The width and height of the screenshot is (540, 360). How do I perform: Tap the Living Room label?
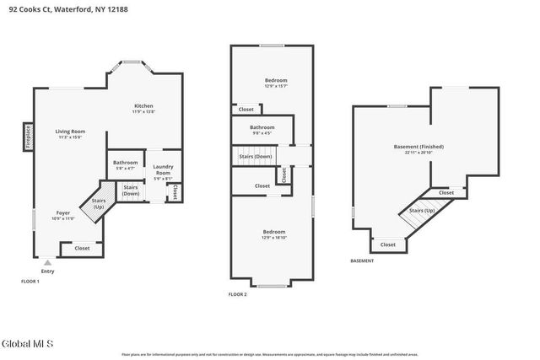click(x=70, y=132)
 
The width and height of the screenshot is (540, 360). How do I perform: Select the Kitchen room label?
click(x=143, y=106)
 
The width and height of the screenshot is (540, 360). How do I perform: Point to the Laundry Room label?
click(x=163, y=169)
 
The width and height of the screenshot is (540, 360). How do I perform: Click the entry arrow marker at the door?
click(x=47, y=262)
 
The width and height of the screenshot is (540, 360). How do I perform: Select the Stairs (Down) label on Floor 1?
click(x=131, y=191)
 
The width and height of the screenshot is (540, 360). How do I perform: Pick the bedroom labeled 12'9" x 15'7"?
click(x=275, y=80)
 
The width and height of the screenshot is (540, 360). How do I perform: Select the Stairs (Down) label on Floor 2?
click(x=256, y=156)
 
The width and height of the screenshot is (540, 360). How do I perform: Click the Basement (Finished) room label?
click(x=418, y=147)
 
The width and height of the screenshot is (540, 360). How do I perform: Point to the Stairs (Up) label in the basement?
click(x=422, y=211)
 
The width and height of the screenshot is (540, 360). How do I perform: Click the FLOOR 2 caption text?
click(x=237, y=294)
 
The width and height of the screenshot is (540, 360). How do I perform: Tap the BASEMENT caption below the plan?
click(x=362, y=261)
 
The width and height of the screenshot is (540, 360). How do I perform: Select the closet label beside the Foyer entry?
click(x=82, y=249)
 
